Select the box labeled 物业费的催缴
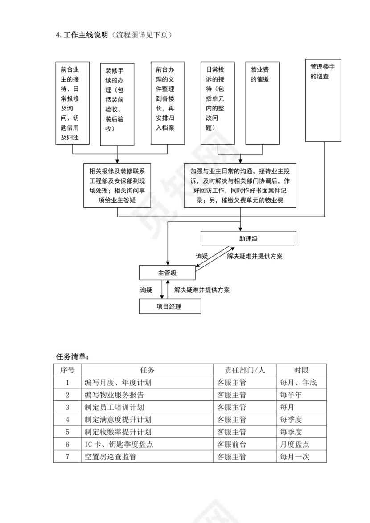coord(262,103)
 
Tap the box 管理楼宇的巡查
coord(323,100)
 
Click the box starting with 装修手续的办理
coord(117,104)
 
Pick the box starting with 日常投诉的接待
coord(218,103)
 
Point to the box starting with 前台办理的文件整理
coord(168,103)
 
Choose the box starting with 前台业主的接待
coord(72,103)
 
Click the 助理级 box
coord(248,238)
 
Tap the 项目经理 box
coord(170,306)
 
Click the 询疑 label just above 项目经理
coord(147,290)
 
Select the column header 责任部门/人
coord(244,370)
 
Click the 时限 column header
coord(301,370)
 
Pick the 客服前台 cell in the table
coord(232,444)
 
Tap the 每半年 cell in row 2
coord(291,395)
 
